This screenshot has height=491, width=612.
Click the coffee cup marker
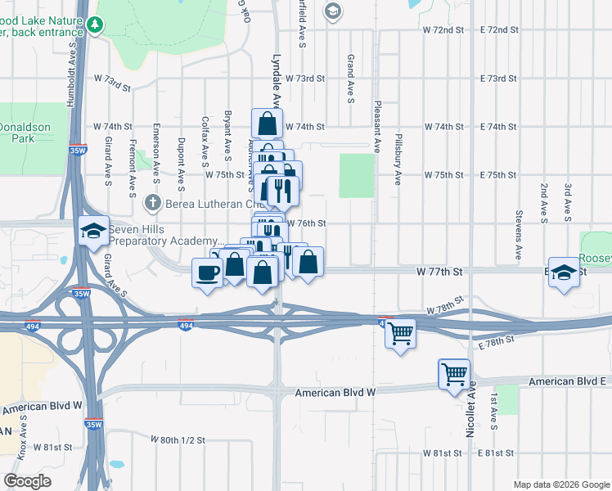(206, 273)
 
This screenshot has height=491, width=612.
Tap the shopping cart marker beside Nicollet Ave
(454, 375)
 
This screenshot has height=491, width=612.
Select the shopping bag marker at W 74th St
(268, 124)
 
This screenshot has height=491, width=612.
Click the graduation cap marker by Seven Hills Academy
(93, 232)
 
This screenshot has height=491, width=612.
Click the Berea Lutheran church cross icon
(152, 203)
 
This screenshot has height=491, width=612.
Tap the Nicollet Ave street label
(471, 414)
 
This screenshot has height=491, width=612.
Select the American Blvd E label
(569, 382)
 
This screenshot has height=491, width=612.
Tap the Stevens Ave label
(518, 235)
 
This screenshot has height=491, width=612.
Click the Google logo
(27, 481)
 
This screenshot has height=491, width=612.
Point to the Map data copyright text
(560, 484)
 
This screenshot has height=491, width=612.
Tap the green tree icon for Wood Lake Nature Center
(97, 25)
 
